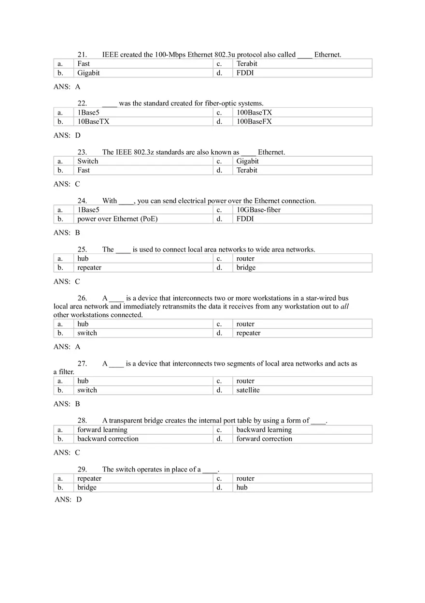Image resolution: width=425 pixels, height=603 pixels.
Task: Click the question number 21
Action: tap(82, 55)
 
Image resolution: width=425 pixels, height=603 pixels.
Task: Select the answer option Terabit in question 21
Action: tap(247, 63)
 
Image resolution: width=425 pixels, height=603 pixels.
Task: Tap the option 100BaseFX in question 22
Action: tap(254, 121)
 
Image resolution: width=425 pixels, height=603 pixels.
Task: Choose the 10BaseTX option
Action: tap(93, 121)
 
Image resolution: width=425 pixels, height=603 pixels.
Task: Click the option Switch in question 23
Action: tap(87, 161)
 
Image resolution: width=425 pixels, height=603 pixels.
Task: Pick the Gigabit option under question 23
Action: tap(247, 161)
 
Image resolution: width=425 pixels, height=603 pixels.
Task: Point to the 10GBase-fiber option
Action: tap(258, 210)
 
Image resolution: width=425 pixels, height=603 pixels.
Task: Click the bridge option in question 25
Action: tap(246, 267)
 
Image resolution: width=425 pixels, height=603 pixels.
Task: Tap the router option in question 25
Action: tap(245, 259)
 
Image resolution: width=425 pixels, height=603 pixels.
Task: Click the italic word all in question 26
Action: tap(344, 307)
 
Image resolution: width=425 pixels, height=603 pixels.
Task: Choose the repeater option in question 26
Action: tap(248, 333)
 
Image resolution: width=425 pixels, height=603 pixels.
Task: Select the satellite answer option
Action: tap(248, 390)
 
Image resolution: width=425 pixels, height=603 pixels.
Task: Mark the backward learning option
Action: tap(264, 430)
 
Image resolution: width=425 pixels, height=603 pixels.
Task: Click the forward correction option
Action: tap(264, 439)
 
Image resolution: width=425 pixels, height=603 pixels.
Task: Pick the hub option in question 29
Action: tap(242, 487)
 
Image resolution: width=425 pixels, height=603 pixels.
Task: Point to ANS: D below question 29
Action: tap(68, 500)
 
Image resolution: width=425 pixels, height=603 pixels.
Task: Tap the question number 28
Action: tap(82, 421)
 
